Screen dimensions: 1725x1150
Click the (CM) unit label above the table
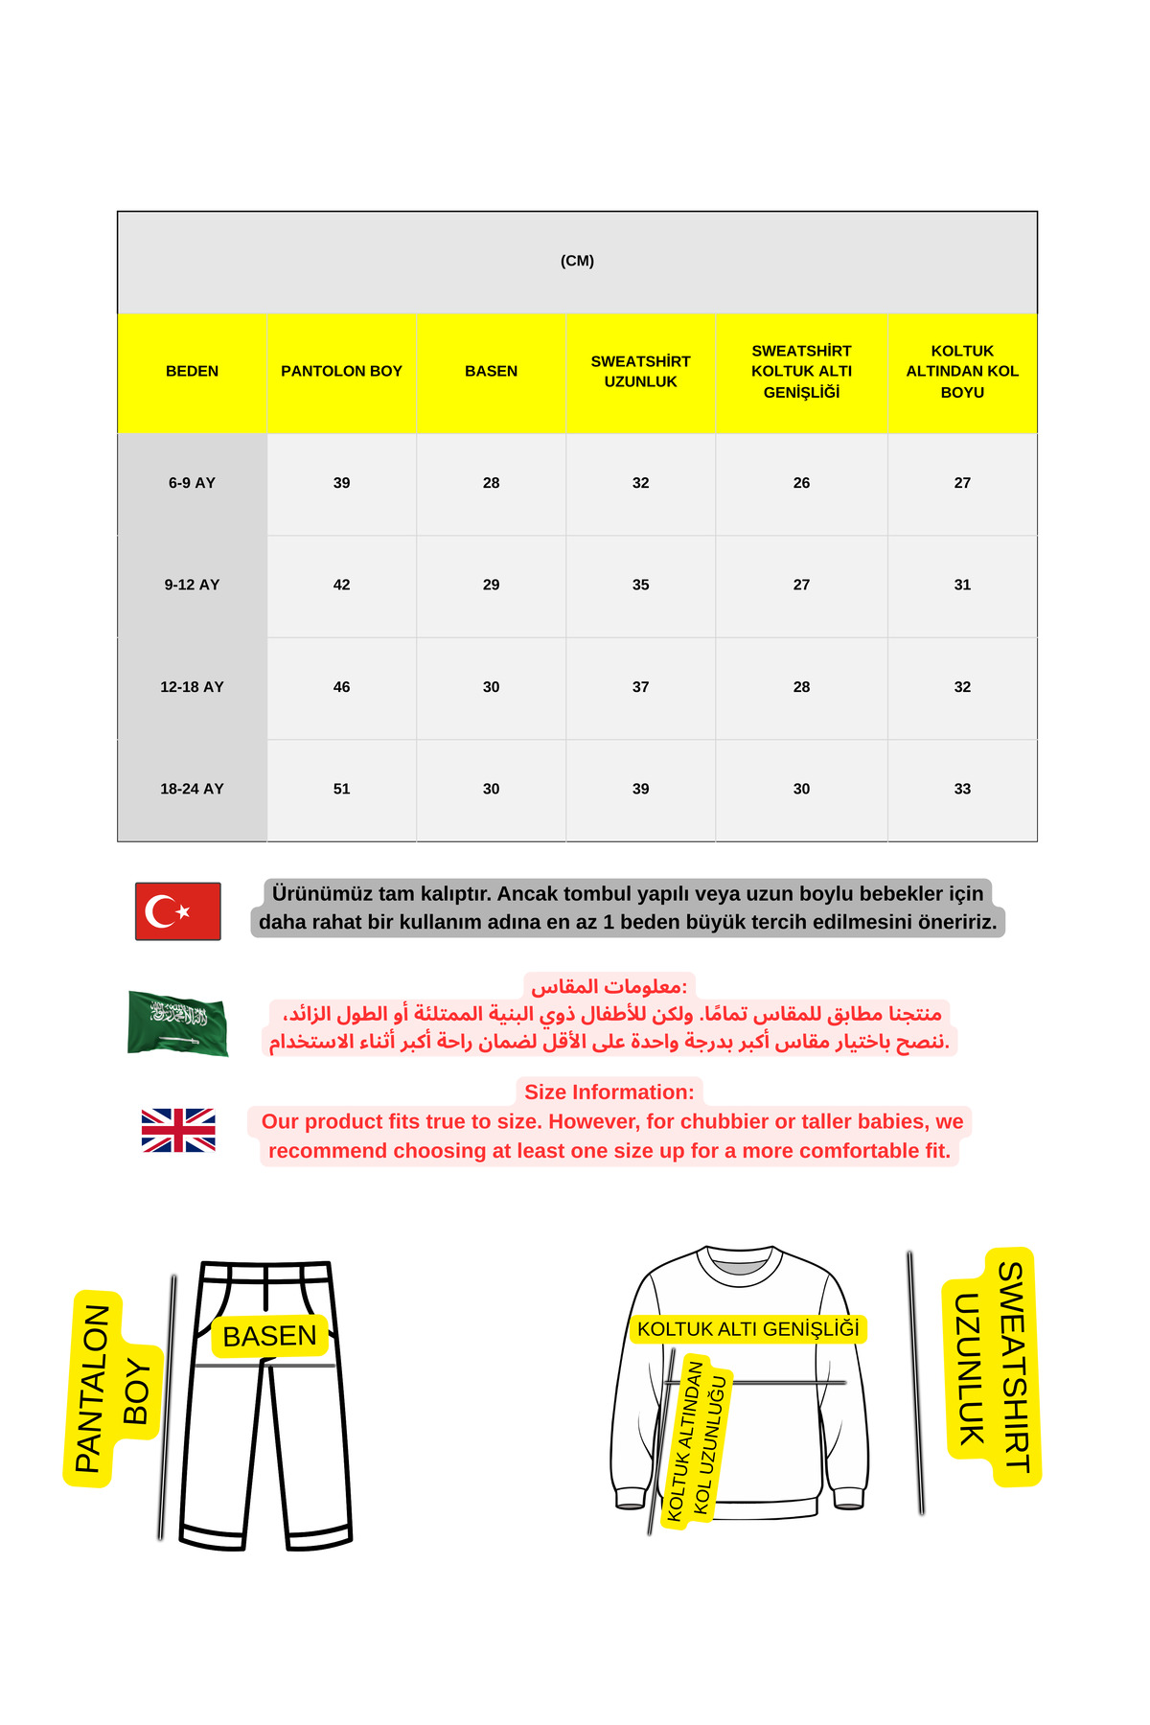[577, 261]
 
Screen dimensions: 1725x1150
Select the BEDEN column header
[192, 371]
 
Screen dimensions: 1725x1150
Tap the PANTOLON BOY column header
[341, 371]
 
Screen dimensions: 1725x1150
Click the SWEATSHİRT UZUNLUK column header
[640, 371]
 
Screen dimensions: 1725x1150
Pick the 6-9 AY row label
[192, 483]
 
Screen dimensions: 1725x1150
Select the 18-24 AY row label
[192, 789]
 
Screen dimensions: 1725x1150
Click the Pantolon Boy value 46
[341, 687]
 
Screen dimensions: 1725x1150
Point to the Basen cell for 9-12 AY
[491, 585]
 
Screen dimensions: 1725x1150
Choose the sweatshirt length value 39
[640, 789]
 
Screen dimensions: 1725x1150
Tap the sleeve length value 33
[962, 789]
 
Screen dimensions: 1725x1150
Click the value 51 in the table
[341, 789]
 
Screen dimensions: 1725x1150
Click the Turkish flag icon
[178, 910]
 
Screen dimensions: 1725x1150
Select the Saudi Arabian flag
[178, 1023]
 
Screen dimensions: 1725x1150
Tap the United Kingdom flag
[178, 1130]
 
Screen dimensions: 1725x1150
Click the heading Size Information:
[609, 1092]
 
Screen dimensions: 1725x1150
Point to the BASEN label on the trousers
[269, 1336]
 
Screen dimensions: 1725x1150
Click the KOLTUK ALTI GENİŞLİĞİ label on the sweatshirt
[747, 1329]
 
